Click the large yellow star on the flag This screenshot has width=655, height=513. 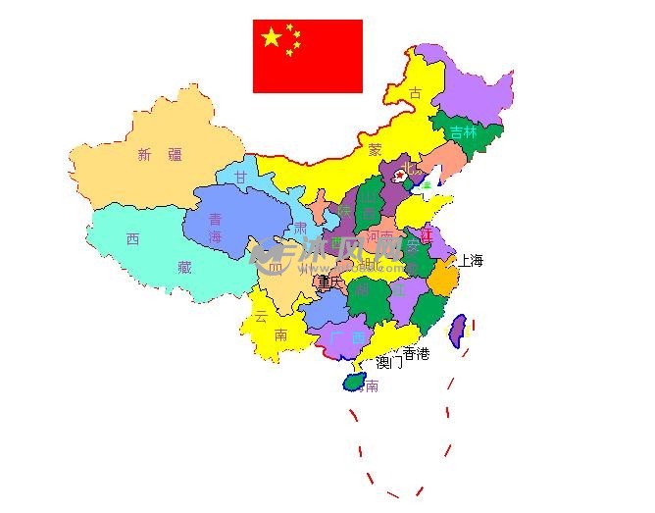click(x=272, y=38)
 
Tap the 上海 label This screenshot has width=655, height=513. click(x=470, y=261)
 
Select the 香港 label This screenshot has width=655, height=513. click(x=416, y=353)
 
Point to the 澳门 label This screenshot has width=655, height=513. click(x=389, y=362)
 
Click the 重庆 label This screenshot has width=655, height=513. click(x=330, y=282)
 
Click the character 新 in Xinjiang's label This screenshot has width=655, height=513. click(x=145, y=154)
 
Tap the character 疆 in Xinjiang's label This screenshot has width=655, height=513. click(x=175, y=154)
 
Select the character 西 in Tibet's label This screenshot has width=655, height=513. click(x=132, y=238)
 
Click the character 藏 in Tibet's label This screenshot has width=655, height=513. click(x=184, y=266)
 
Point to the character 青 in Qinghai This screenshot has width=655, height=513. click(x=215, y=220)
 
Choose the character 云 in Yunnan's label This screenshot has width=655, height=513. click(x=261, y=316)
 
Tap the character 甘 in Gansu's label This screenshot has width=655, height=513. click(x=241, y=177)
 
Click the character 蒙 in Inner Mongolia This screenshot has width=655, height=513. click(x=375, y=150)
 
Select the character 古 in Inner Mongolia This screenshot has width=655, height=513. click(x=416, y=93)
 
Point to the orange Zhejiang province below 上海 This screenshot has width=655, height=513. click(x=442, y=282)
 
